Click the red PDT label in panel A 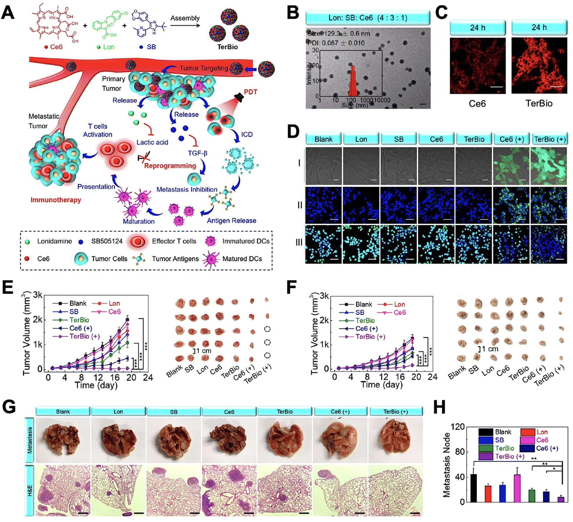250,92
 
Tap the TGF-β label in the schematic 198,153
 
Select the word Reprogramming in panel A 170,166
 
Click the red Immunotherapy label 56,200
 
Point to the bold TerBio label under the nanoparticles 227,47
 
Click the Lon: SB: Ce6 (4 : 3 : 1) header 368,18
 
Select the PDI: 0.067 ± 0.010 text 336,43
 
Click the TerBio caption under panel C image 539,103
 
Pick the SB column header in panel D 398,139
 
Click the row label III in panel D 299,243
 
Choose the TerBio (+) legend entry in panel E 84,337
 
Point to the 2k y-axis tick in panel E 38,320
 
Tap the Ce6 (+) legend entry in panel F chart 366,329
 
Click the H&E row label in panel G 30,491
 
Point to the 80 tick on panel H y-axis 460,452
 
